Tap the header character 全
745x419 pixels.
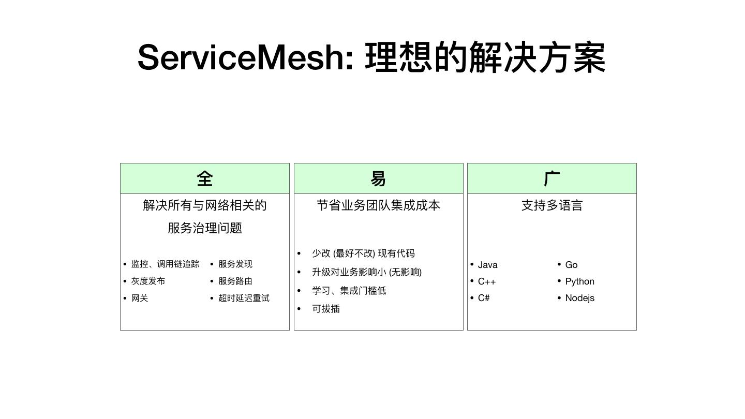click(x=205, y=179)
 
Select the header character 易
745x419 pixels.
click(x=378, y=179)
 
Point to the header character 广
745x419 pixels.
click(x=552, y=179)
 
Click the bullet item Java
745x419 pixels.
click(x=487, y=265)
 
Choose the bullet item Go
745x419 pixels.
click(x=571, y=265)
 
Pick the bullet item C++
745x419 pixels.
click(x=487, y=281)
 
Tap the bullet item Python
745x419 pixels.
click(x=579, y=281)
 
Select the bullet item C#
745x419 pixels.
click(x=484, y=298)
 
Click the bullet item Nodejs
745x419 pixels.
click(x=579, y=298)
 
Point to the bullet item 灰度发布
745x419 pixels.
click(x=148, y=281)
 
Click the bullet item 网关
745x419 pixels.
click(x=140, y=298)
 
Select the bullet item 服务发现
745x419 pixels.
click(x=235, y=264)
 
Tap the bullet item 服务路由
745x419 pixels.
click(x=235, y=281)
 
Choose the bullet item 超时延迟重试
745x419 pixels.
click(x=244, y=298)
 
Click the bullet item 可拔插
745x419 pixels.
click(x=326, y=309)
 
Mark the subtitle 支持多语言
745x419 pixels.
click(x=552, y=205)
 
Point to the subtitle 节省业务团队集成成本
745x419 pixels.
click(x=378, y=205)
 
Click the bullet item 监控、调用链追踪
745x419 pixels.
click(x=165, y=264)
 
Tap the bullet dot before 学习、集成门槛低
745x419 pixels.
click(x=299, y=291)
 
